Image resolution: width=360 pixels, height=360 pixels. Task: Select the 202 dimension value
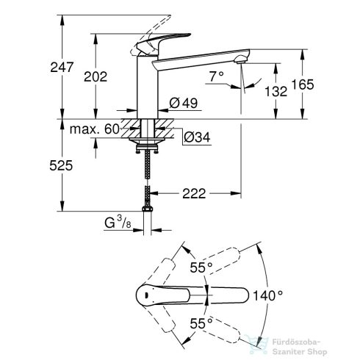[x=96, y=76]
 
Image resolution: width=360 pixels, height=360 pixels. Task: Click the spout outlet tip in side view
[x=240, y=58]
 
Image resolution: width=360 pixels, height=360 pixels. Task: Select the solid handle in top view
[x=169, y=295]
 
